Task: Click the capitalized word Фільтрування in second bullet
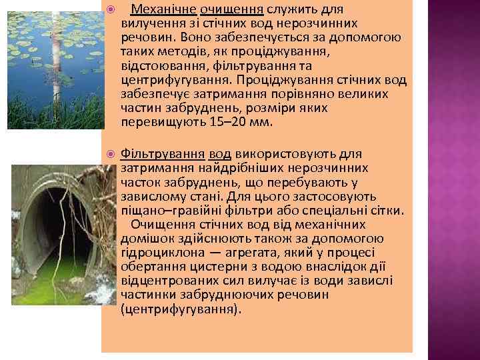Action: (x=163, y=155)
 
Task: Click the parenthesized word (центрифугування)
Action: (x=180, y=309)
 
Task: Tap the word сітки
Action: (x=389, y=211)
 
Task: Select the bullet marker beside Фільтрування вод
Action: (x=111, y=155)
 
